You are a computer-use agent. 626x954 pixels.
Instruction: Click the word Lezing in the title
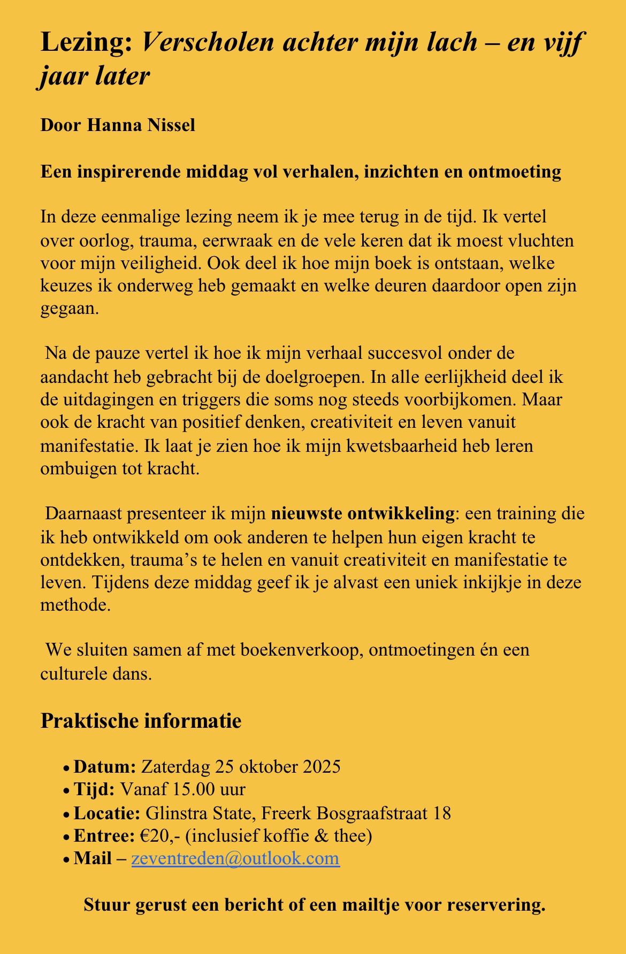86,42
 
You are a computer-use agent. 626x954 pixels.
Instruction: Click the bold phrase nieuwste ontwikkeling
362,513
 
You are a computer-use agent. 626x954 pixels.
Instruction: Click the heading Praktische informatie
141,721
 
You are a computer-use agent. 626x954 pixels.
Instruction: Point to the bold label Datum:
105,767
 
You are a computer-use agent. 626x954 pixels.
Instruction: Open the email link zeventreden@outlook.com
235,859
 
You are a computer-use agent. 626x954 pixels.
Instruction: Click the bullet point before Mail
66,860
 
